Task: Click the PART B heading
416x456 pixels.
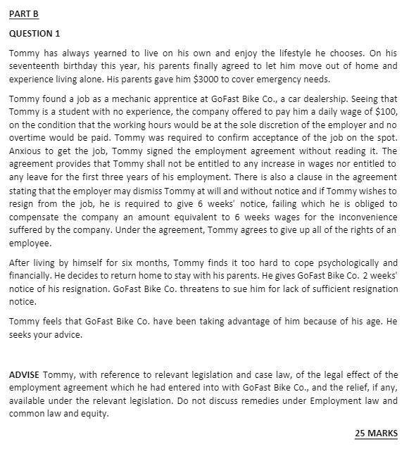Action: pyautogui.click(x=24, y=15)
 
